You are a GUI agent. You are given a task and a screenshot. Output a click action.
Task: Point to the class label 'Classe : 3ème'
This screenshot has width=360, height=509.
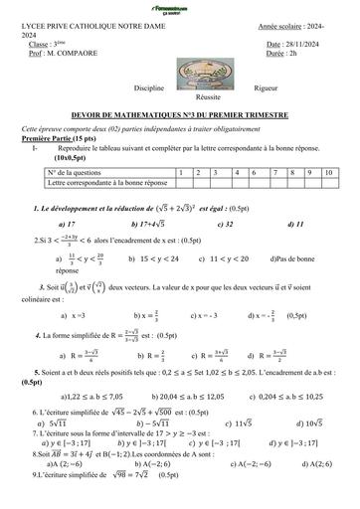point(52,46)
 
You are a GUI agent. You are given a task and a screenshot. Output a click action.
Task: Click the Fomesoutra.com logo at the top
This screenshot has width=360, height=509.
point(180,8)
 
